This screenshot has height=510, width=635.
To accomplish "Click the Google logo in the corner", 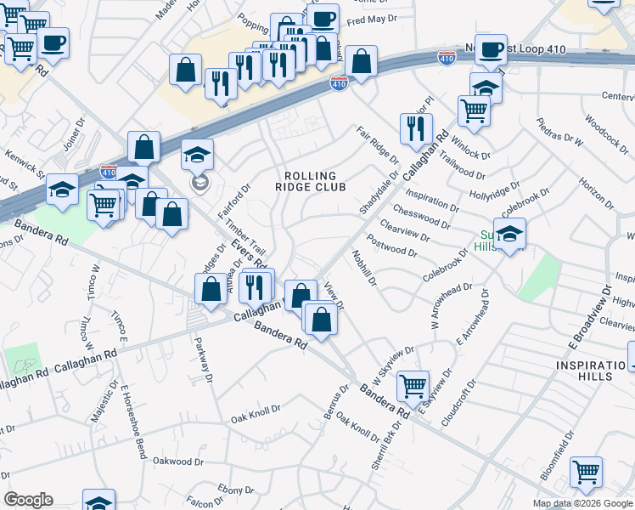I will coord(28,500).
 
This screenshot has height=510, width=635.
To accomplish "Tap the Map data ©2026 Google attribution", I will coord(582,503).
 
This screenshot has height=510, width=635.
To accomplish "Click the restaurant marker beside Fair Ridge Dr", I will coord(415,128).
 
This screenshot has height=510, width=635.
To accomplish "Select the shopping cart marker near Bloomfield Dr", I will coord(586,472).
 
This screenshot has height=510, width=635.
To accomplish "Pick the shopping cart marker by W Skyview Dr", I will coord(413,385).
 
